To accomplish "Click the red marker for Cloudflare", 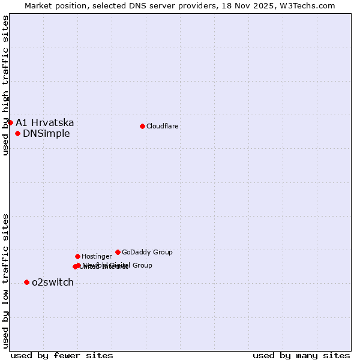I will click(142, 126).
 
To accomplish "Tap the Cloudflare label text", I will click(162, 126).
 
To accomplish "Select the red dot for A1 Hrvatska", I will click(10, 122).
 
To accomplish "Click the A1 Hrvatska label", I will click(45, 122).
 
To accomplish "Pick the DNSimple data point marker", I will click(18, 133).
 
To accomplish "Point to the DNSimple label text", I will click(46, 133).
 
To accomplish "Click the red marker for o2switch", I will click(26, 282).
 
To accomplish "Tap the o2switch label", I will click(53, 282).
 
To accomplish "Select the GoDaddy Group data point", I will click(118, 252).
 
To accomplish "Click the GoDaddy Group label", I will click(147, 252).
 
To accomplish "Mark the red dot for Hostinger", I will click(77, 256).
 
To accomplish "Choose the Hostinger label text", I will click(97, 256).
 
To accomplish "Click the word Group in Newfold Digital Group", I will click(142, 265).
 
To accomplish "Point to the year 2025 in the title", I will click(262, 5).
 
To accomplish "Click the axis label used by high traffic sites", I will click(5, 85).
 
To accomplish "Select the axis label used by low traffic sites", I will click(5, 281).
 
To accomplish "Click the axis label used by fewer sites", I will click(62, 355).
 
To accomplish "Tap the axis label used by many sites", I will click(301, 355).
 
